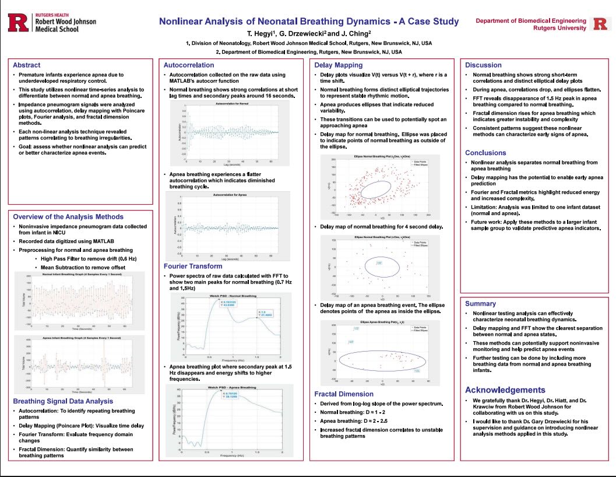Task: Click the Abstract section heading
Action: point(27,65)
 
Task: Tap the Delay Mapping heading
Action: point(338,65)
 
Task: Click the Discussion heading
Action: point(483,65)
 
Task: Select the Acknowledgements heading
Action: point(505,390)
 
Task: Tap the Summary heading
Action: point(480,303)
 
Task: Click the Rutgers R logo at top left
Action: point(18,23)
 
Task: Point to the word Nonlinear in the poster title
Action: point(184,22)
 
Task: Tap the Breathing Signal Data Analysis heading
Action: point(63,401)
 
